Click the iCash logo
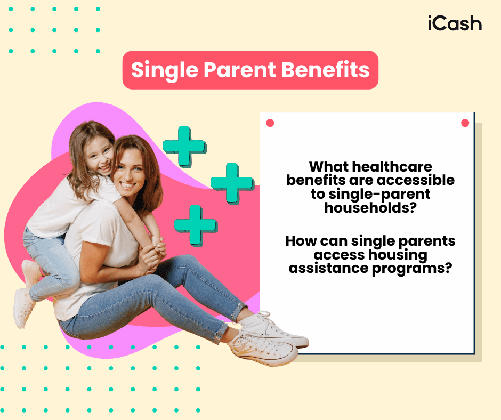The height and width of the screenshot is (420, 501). (x=454, y=23)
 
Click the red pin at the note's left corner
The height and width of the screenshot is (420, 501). (x=270, y=123)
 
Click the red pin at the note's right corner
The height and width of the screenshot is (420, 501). (x=465, y=123)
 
